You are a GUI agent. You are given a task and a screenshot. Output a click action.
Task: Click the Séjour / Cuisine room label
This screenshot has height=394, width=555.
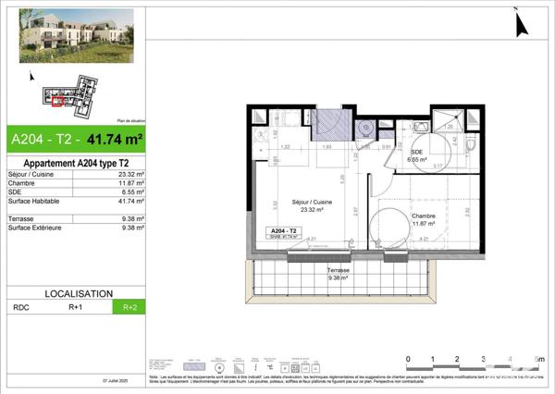point(312,205)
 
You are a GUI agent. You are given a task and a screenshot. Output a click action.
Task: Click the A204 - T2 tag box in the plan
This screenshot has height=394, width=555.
point(281,233)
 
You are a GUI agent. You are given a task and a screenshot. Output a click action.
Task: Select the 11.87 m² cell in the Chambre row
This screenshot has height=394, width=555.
point(129,183)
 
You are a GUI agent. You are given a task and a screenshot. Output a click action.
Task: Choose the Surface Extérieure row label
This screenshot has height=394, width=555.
point(37,227)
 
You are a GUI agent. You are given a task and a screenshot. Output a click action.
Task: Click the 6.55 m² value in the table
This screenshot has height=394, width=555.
point(129,191)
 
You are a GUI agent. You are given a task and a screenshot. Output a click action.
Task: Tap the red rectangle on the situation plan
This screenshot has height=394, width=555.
point(57,101)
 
